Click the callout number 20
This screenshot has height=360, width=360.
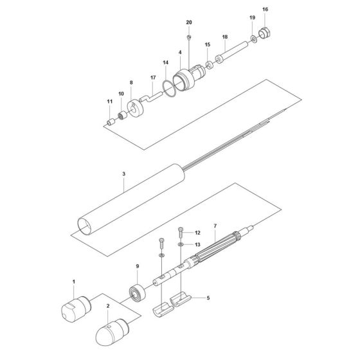[x=188, y=22]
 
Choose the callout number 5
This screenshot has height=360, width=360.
[x=208, y=298]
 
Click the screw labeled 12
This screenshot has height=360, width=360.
[x=181, y=233]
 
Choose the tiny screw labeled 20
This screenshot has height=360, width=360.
[x=188, y=36]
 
